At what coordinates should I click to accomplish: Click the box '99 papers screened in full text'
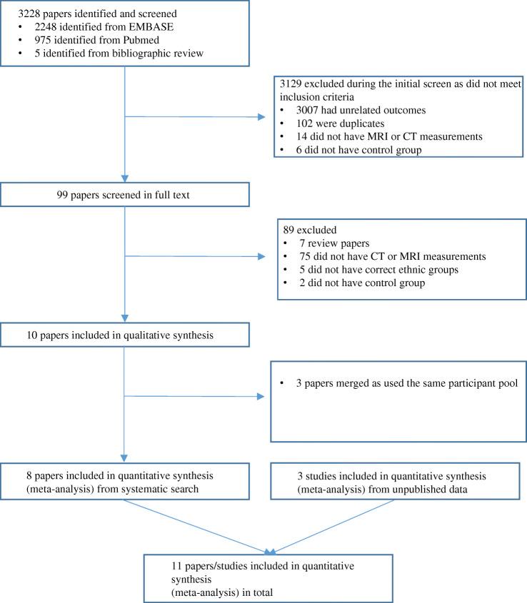(x=126, y=193)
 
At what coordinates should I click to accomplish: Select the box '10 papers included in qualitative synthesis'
(x=126, y=333)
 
